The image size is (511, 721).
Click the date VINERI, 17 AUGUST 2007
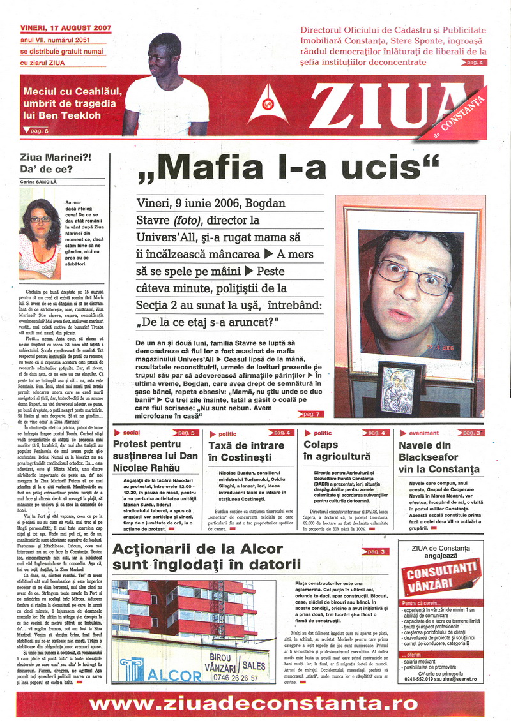tap(66, 29)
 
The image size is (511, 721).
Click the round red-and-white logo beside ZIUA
tap(268, 106)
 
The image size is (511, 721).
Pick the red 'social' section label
tap(127, 433)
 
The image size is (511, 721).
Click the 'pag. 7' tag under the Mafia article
tap(310, 414)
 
